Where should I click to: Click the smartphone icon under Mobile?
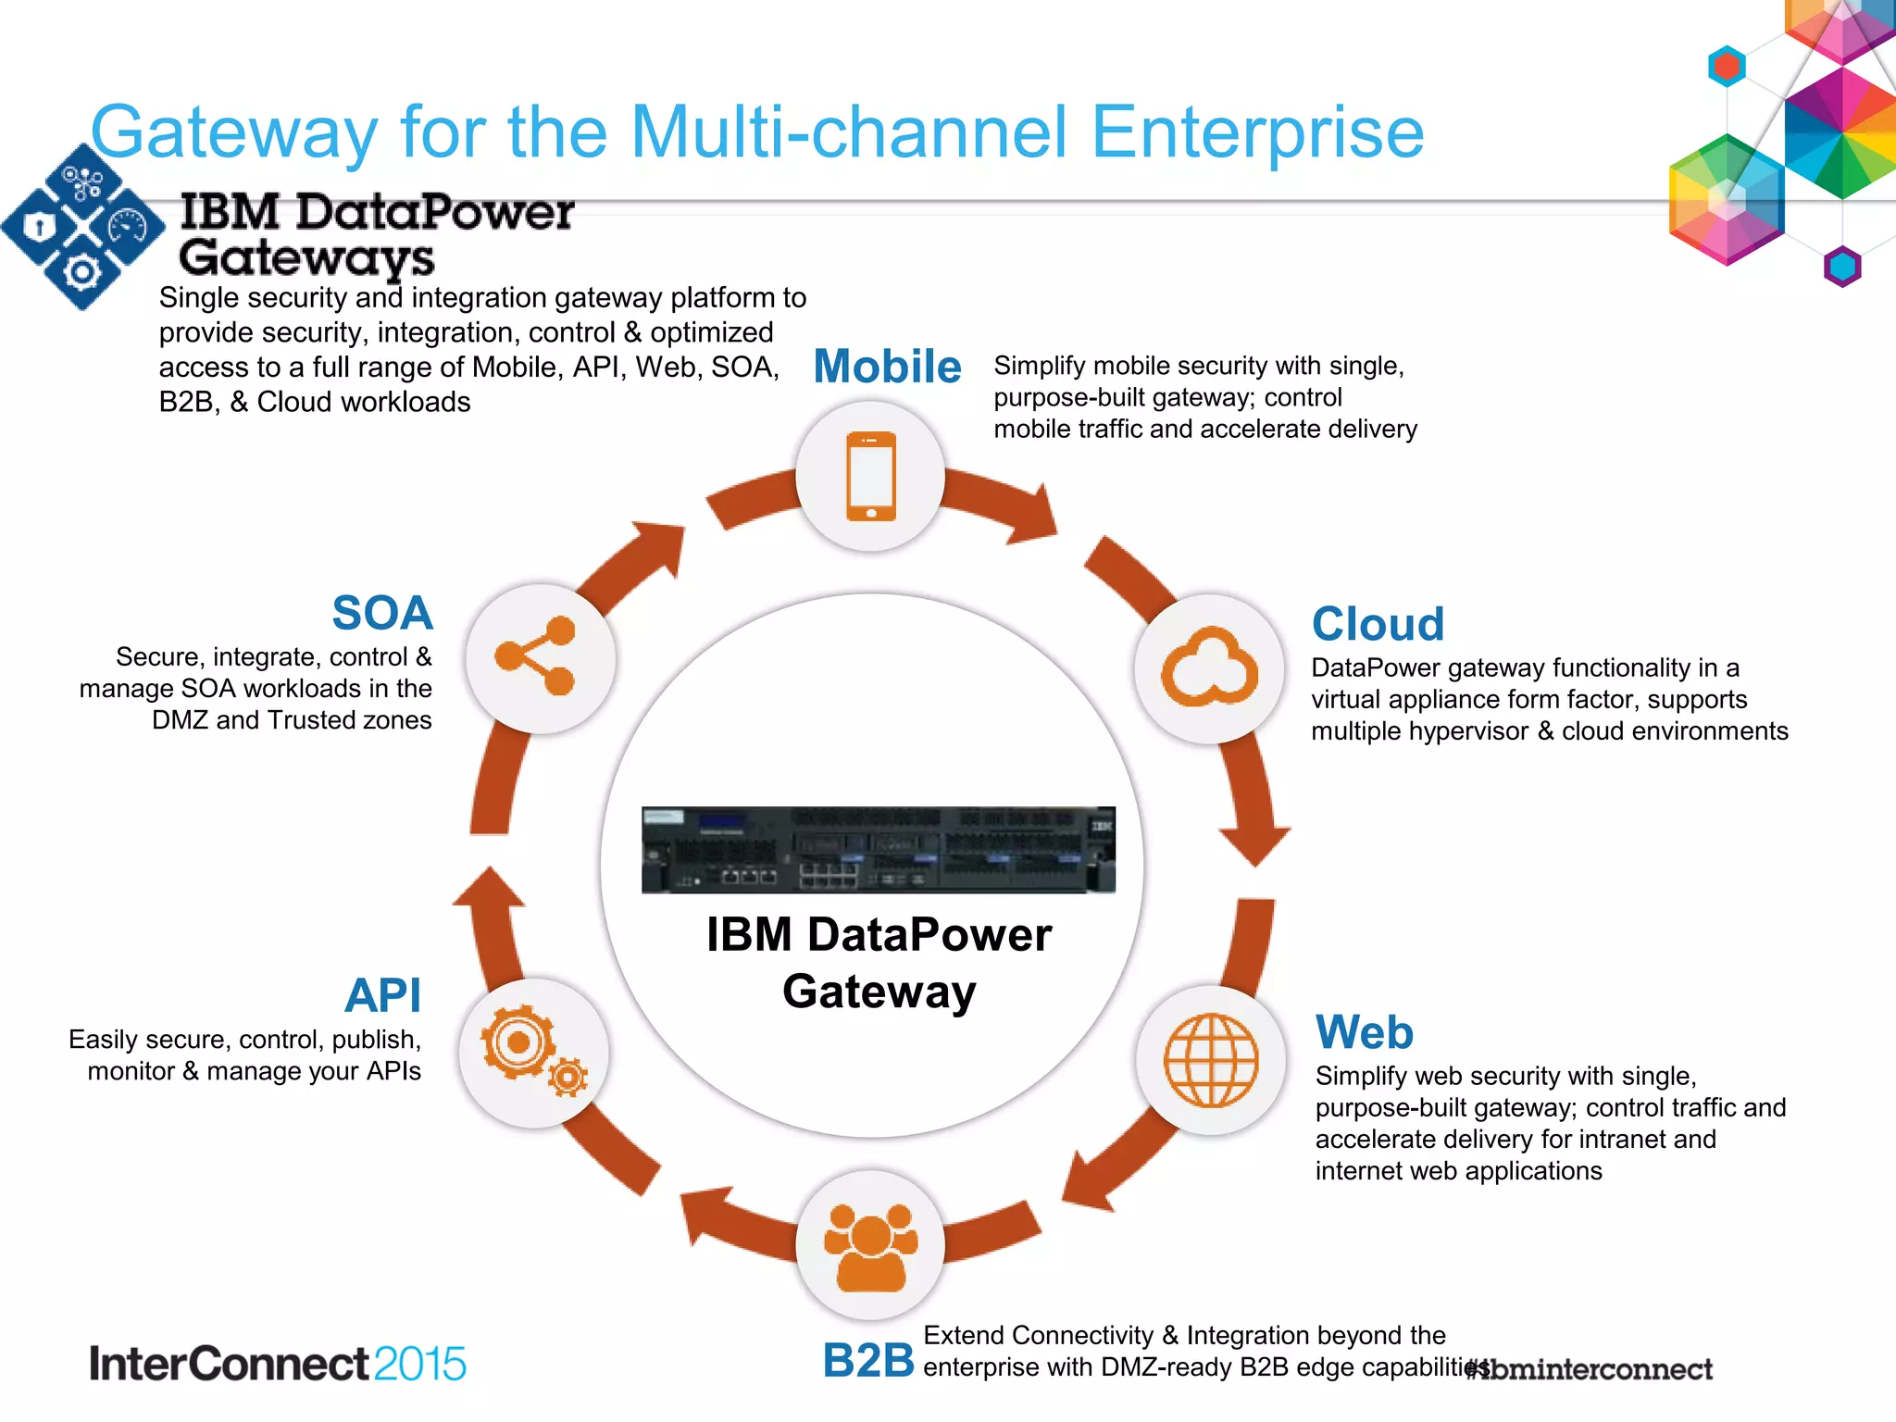tap(871, 476)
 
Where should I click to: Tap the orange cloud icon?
tap(1209, 667)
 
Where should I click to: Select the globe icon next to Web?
tap(1210, 1060)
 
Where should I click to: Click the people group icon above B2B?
tap(870, 1246)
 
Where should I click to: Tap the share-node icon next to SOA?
tap(536, 656)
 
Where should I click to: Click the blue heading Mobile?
tap(887, 366)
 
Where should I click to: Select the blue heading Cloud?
tap(1378, 624)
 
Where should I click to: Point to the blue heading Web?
tap(1364, 1031)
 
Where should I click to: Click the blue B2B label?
tap(867, 1360)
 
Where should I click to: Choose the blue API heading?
tap(382, 996)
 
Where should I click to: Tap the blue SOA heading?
tap(382, 613)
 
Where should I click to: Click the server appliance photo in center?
tap(878, 850)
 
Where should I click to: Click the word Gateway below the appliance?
tap(879, 992)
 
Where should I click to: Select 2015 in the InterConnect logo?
tap(419, 1364)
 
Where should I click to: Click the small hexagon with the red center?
tap(1727, 67)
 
